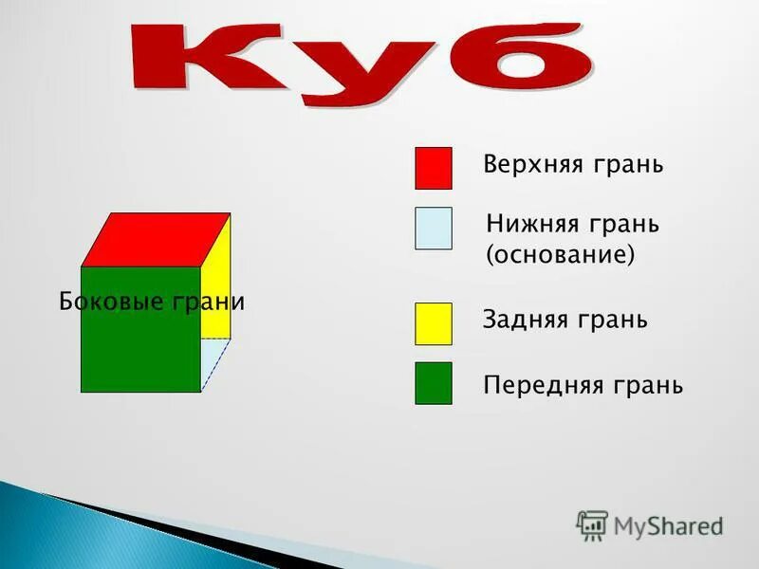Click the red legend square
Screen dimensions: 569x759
coord(433,168)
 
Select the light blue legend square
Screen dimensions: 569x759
coord(433,229)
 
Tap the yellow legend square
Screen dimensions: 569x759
coord(433,323)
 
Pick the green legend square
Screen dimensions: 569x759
coord(433,383)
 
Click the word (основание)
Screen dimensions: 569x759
coord(560,256)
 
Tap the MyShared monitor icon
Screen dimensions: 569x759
coord(592,525)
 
